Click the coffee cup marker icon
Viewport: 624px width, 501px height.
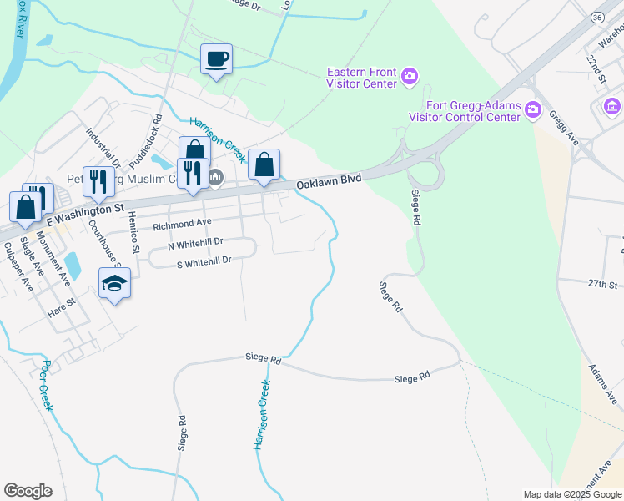[x=216, y=59]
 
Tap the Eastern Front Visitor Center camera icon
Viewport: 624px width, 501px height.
[x=409, y=78]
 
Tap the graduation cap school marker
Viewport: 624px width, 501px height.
[x=114, y=284]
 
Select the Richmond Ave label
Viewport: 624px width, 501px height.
[x=181, y=224]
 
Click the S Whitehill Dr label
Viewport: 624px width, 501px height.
[x=203, y=261]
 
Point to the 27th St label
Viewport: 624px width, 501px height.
[x=601, y=284]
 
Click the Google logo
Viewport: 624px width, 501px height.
[x=28, y=491]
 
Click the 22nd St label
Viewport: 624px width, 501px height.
[x=596, y=69]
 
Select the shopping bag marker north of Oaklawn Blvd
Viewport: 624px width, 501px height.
[x=264, y=165]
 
